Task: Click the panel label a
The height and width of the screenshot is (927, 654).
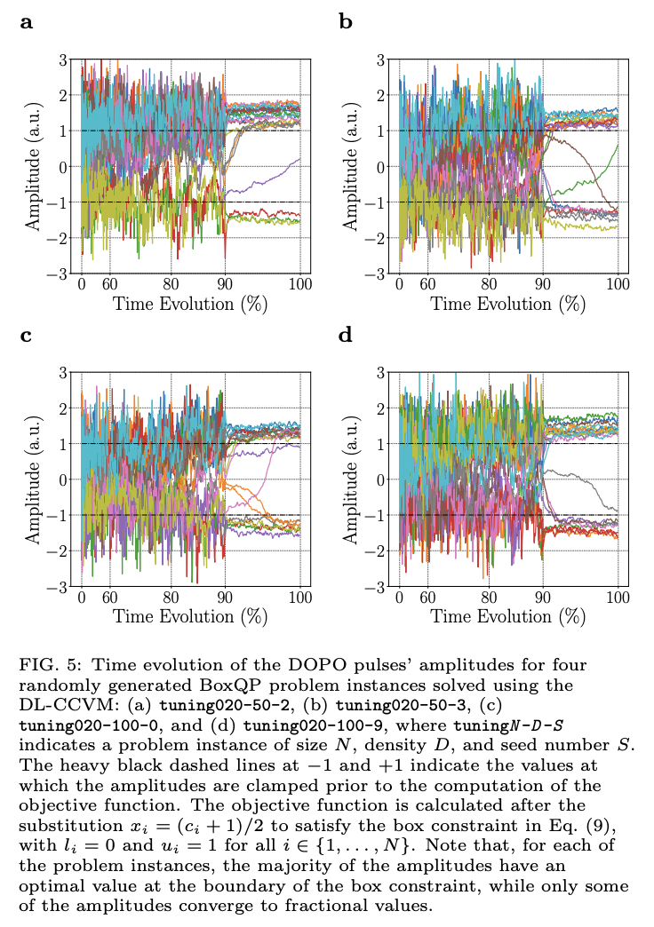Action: coord(26,22)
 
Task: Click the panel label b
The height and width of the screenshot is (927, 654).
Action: coord(346,22)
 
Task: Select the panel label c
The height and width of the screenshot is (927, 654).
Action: coord(26,336)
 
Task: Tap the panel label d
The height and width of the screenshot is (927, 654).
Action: coord(346,336)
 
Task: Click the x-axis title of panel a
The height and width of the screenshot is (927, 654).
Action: coord(189,304)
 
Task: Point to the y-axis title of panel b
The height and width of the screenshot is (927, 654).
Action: coord(351,166)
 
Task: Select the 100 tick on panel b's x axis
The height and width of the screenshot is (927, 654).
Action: coord(618,285)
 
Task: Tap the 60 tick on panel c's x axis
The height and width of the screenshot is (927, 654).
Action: coord(109,598)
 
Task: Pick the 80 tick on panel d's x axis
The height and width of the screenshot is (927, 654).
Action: coord(489,598)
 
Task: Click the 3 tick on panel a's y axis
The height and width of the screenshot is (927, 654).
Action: coord(63,59)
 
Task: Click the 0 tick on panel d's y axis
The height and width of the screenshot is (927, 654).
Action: coord(381,479)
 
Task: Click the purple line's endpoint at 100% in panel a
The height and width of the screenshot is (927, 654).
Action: coord(299,160)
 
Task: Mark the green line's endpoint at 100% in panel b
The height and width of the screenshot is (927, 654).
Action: coord(618,145)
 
